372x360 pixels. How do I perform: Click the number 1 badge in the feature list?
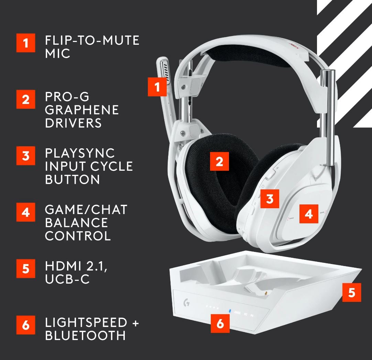(x=26, y=43)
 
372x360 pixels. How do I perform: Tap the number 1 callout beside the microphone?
(x=157, y=87)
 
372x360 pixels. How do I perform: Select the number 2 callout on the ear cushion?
(x=219, y=161)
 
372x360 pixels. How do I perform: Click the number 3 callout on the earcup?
(x=270, y=199)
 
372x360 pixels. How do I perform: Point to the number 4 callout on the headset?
(x=309, y=214)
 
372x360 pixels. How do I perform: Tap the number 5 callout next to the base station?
(x=352, y=292)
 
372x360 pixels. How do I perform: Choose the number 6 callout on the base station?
(x=220, y=323)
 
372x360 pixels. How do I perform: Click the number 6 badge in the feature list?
(x=26, y=325)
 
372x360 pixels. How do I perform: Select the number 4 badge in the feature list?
(x=26, y=212)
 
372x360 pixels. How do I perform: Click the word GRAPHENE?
(x=82, y=110)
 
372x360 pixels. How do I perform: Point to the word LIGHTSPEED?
(x=86, y=322)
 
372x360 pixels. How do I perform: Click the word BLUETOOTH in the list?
(x=85, y=335)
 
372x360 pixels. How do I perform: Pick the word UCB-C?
(x=67, y=279)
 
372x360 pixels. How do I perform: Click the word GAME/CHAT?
(x=86, y=210)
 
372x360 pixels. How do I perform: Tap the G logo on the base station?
(x=187, y=303)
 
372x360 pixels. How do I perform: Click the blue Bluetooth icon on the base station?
(x=229, y=311)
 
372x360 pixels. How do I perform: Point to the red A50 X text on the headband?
(x=294, y=46)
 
